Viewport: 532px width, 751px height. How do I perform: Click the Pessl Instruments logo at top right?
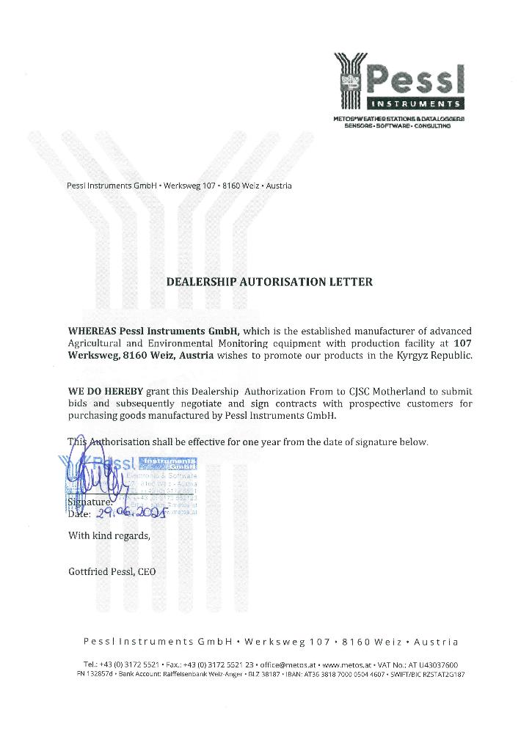399,81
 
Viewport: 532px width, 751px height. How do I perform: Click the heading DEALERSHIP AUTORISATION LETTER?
270,282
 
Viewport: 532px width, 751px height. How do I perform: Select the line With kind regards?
109,535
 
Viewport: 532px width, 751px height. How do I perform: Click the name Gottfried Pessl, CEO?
112,572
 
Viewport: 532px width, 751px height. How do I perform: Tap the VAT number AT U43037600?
434,664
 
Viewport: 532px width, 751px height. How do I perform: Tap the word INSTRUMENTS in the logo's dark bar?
415,103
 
